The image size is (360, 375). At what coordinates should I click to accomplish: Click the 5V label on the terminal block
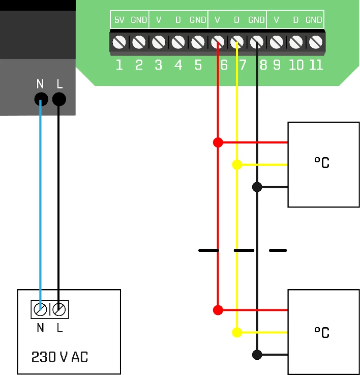119,20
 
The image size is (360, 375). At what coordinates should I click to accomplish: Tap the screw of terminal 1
119,42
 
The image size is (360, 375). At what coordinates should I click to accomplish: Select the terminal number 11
316,65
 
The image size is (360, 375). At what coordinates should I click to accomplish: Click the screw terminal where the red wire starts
218,42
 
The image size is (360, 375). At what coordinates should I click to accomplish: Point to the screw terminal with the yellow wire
237,42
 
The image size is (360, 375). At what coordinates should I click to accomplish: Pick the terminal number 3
159,65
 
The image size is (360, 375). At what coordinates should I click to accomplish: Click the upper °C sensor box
323,164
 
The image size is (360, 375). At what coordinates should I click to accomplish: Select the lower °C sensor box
323,332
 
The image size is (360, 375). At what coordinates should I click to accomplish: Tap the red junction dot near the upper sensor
218,142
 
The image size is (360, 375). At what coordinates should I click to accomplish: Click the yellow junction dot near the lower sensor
237,332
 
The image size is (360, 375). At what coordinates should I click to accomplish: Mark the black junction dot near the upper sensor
257,187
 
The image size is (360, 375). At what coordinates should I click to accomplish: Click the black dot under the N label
41,99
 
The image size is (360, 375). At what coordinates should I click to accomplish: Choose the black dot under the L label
59,99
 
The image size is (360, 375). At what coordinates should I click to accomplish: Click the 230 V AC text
59,357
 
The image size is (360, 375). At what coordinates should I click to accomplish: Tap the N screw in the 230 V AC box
41,309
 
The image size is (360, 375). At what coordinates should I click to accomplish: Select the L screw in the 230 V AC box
59,309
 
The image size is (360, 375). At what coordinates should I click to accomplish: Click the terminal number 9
277,65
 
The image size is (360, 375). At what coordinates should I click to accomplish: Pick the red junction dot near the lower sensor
218,310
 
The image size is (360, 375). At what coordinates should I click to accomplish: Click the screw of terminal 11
316,42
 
